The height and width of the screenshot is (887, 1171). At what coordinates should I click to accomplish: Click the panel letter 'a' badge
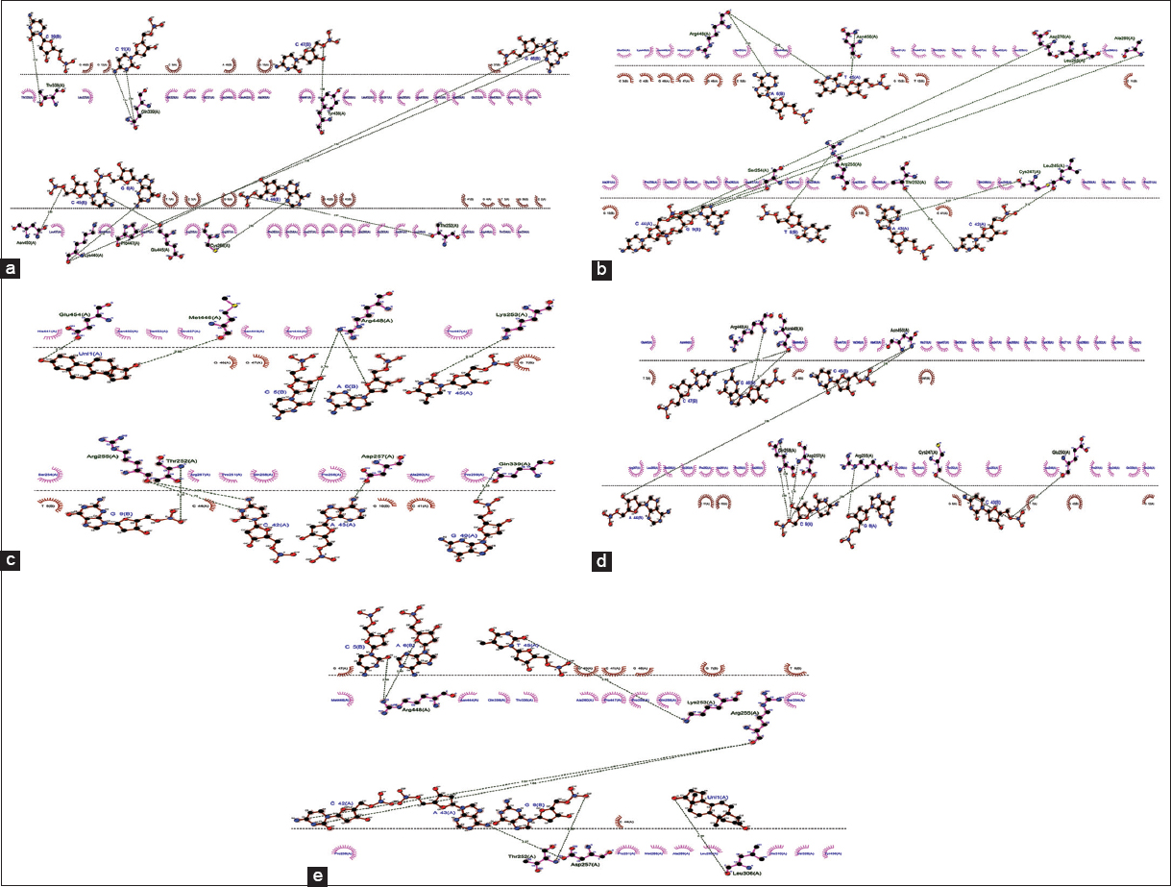tap(12, 269)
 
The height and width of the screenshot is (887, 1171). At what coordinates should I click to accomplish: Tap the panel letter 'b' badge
tap(602, 269)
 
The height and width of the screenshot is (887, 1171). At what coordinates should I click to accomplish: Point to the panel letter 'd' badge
tap(602, 560)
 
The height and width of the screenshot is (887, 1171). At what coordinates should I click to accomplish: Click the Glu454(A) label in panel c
tap(73, 313)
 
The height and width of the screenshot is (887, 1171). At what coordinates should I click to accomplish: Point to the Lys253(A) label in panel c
tap(514, 313)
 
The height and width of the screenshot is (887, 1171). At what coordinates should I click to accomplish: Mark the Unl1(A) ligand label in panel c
tap(100, 355)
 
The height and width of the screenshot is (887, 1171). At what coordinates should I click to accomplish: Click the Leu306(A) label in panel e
tap(744, 873)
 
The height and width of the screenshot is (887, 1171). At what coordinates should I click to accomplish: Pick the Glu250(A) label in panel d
tap(1063, 453)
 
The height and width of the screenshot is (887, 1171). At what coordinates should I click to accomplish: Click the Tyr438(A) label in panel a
tap(333, 113)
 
